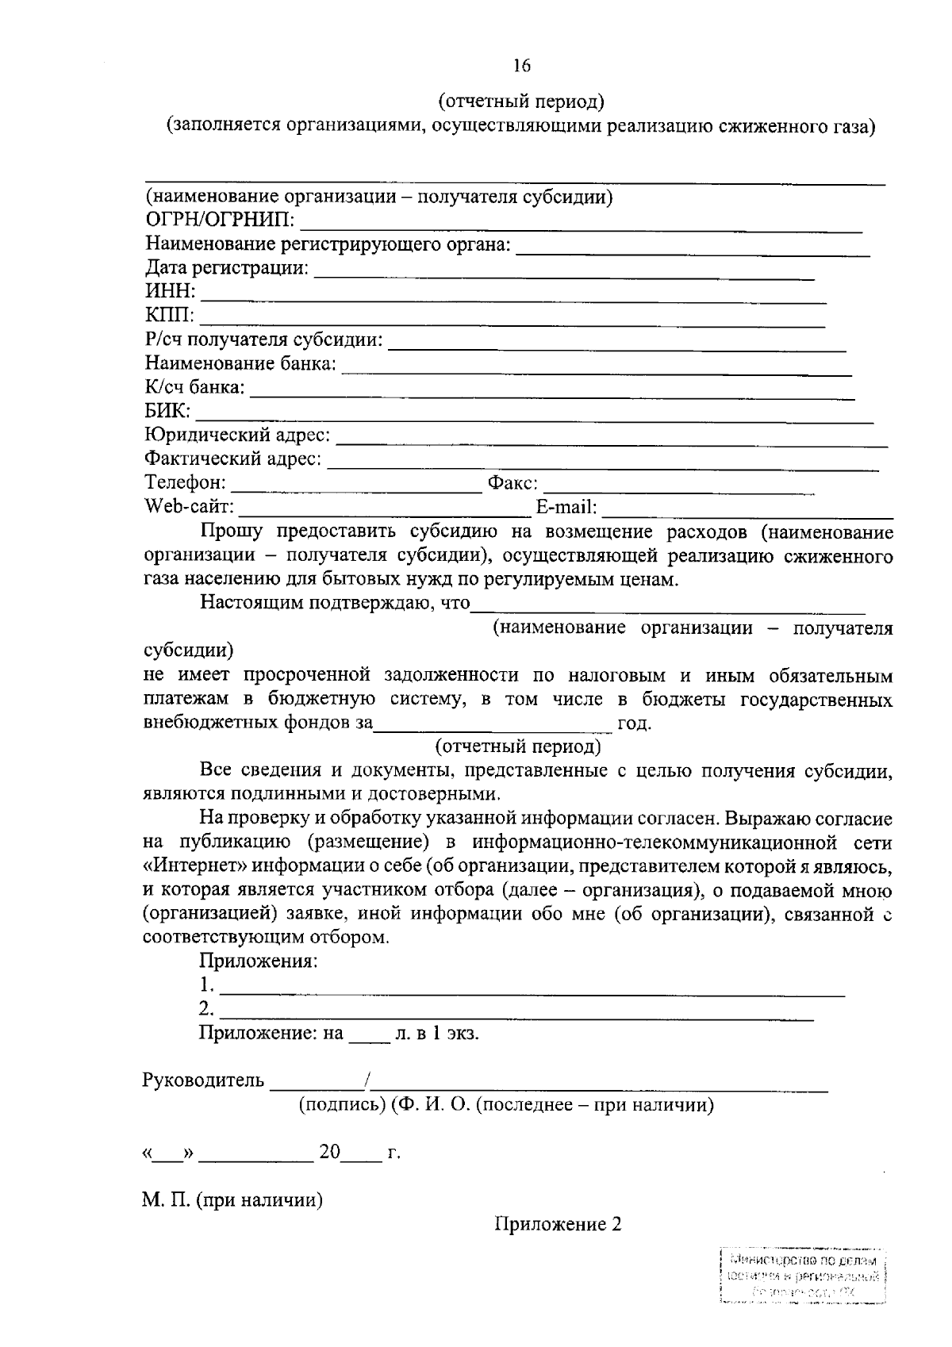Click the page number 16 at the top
[x=521, y=66]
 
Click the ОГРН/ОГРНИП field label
[x=220, y=221]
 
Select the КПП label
[x=169, y=317]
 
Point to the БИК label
[x=167, y=411]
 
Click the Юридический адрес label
[x=237, y=435]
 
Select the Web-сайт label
[x=189, y=506]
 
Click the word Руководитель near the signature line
[x=202, y=1080]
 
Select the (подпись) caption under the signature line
[x=341, y=1105]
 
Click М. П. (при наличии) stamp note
[x=232, y=1200]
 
